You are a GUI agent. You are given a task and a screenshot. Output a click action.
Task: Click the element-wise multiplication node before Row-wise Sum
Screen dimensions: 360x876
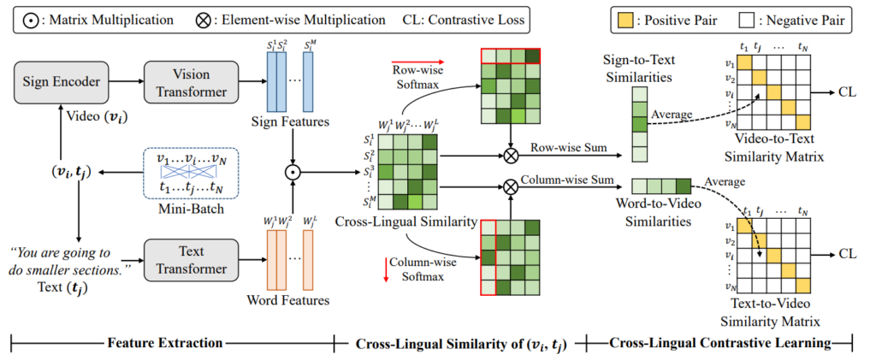(x=512, y=156)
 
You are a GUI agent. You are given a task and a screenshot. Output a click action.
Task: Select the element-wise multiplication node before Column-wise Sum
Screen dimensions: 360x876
(x=512, y=186)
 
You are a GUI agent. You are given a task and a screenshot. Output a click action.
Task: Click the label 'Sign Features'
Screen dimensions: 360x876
(x=293, y=123)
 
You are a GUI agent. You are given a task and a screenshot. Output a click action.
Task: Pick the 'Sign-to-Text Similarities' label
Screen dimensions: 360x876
(x=650, y=70)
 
